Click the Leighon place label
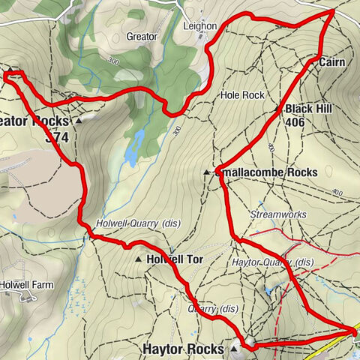[200, 26]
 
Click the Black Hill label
[308, 109]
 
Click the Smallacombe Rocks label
[267, 172]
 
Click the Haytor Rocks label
[183, 349]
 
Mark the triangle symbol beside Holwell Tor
[139, 259]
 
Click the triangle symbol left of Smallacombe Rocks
[207, 172]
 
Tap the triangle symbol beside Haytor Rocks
[235, 349]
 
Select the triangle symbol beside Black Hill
[277, 109]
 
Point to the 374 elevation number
[57, 137]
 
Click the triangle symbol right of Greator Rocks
[78, 119]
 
